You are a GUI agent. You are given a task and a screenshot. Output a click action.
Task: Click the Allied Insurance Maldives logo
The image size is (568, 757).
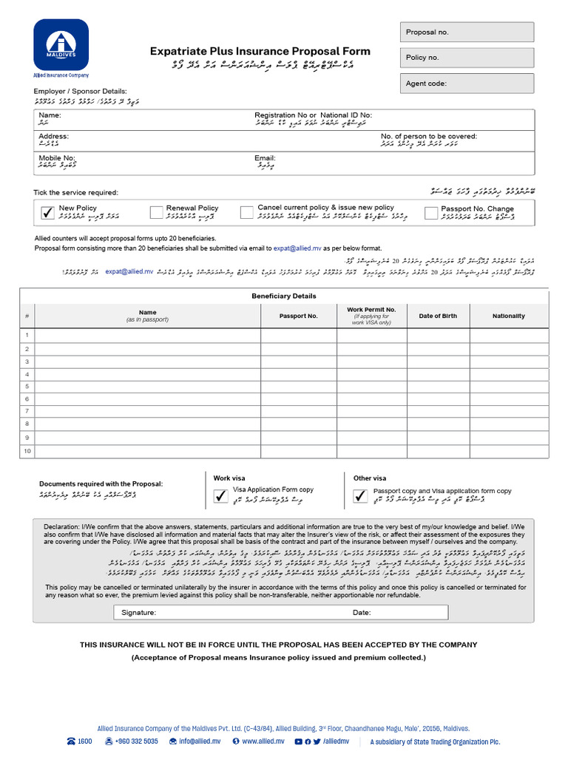coord(61,45)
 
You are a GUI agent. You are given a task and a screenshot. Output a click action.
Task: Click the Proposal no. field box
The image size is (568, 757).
coord(467,32)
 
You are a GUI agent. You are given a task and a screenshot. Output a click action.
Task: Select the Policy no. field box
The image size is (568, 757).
coord(467,58)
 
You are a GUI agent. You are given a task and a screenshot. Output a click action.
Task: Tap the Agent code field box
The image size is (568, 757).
coord(467,84)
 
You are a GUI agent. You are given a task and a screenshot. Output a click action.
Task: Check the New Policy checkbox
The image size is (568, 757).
coord(48,213)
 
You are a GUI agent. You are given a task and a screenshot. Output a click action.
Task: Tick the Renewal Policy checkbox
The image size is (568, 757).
coord(156,213)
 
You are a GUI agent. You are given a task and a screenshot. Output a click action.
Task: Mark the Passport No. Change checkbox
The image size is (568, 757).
coord(431,213)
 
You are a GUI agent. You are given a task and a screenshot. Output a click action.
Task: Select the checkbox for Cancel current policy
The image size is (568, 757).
coord(247,213)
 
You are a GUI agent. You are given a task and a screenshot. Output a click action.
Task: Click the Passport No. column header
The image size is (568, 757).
coord(298,316)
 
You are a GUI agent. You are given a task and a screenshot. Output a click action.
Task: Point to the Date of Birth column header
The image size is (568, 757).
coord(438,316)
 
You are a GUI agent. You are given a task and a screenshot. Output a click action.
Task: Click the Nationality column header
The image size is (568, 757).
coord(508,316)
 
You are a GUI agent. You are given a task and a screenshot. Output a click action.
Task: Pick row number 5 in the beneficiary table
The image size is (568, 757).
coord(27,385)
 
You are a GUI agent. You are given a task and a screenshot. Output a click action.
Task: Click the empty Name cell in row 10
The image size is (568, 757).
coord(147,451)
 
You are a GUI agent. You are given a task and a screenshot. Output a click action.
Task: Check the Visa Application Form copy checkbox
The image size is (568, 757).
coord(220,497)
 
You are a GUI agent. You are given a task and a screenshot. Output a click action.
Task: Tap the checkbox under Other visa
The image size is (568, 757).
coord(360,497)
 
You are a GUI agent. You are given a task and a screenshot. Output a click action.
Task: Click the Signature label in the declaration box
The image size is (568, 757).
coord(138,613)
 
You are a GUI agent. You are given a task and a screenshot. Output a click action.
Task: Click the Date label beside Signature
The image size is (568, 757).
coord(362,613)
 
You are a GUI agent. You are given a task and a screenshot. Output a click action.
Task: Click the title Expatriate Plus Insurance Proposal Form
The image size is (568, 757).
coord(260,52)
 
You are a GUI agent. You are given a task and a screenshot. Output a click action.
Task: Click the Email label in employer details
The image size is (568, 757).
coord(265,158)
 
